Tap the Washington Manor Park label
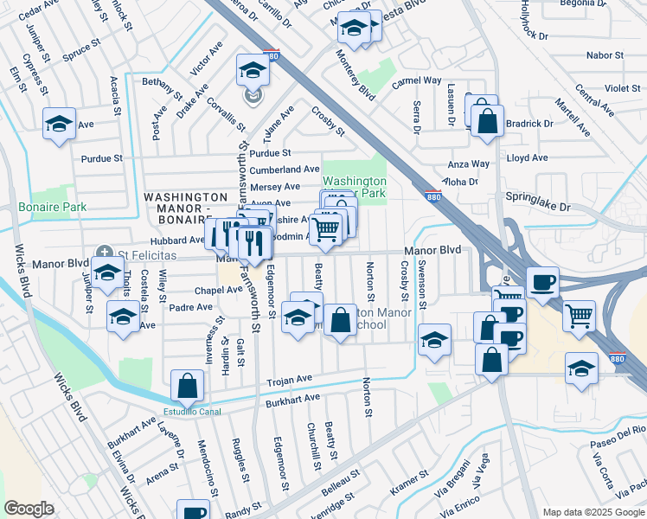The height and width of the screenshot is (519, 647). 354,188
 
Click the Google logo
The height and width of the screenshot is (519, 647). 29,508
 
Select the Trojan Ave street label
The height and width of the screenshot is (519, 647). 288,380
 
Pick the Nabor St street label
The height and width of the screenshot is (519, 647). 605,55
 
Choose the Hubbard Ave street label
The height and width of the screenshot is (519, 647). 177,240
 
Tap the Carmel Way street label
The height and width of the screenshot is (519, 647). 416,80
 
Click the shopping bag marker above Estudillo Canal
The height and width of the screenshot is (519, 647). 188,385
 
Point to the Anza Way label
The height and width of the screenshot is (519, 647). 469,163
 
